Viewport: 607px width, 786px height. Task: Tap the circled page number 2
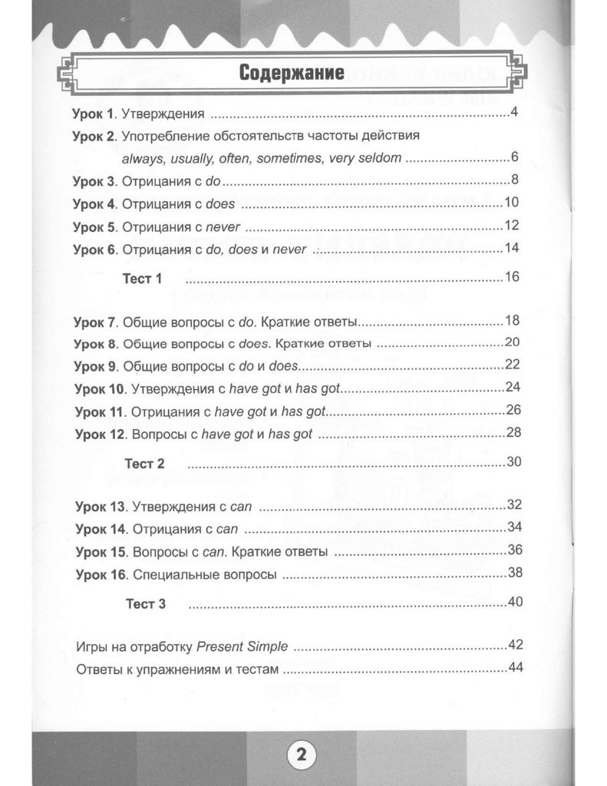tap(300, 754)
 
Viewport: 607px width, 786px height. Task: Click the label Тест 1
tap(143, 279)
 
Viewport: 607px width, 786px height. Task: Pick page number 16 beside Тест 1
tap(513, 277)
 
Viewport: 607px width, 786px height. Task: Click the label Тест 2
tap(144, 464)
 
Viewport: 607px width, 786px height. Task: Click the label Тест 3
tap(145, 604)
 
